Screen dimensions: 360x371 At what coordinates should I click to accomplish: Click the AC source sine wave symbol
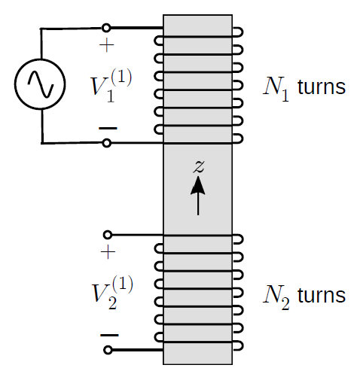pyautogui.click(x=40, y=84)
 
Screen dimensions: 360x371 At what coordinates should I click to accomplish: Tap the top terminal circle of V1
pyautogui.click(x=106, y=28)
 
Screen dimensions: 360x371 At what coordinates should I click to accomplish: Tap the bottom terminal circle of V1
pyautogui.click(x=107, y=143)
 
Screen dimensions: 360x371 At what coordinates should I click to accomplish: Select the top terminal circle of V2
pyautogui.click(x=108, y=235)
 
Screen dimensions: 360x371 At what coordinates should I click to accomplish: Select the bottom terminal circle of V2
pyautogui.click(x=108, y=350)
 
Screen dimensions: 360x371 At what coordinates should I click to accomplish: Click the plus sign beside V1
pyautogui.click(x=107, y=45)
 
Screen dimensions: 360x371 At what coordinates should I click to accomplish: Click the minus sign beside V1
pyautogui.click(x=108, y=128)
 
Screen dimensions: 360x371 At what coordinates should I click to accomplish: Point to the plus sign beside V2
pyautogui.click(x=108, y=251)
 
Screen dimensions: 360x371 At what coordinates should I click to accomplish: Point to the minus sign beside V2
pyautogui.click(x=109, y=335)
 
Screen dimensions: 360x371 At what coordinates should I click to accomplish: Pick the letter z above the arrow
pyautogui.click(x=199, y=166)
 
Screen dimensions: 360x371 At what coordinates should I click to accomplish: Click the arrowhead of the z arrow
pyautogui.click(x=198, y=185)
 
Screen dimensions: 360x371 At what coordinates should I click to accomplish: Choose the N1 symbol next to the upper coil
pyautogui.click(x=276, y=88)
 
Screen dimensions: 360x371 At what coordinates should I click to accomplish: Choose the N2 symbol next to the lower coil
pyautogui.click(x=276, y=296)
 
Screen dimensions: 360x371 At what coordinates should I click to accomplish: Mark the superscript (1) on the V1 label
pyautogui.click(x=121, y=78)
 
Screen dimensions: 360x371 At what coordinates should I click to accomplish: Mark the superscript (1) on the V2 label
pyautogui.click(x=123, y=284)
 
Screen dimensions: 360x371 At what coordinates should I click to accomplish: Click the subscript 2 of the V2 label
pyautogui.click(x=112, y=303)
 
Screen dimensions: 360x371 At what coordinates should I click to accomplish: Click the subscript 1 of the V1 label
pyautogui.click(x=111, y=96)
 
